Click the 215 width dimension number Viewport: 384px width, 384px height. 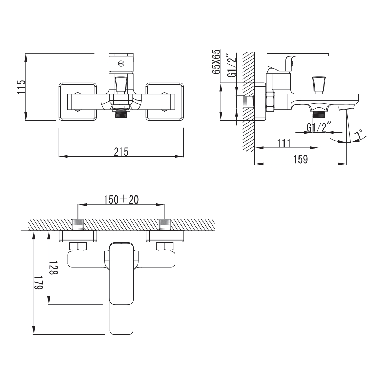(x=121, y=152)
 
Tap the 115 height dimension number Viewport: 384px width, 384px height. (x=21, y=87)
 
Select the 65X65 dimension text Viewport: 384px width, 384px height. (x=216, y=62)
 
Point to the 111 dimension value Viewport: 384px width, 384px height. (x=284, y=143)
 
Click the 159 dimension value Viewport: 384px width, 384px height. (x=301, y=159)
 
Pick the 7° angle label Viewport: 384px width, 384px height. (x=359, y=134)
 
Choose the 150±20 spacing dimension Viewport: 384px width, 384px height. (x=121, y=200)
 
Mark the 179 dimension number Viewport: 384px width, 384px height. (x=38, y=283)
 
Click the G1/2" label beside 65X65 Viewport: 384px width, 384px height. (x=232, y=65)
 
